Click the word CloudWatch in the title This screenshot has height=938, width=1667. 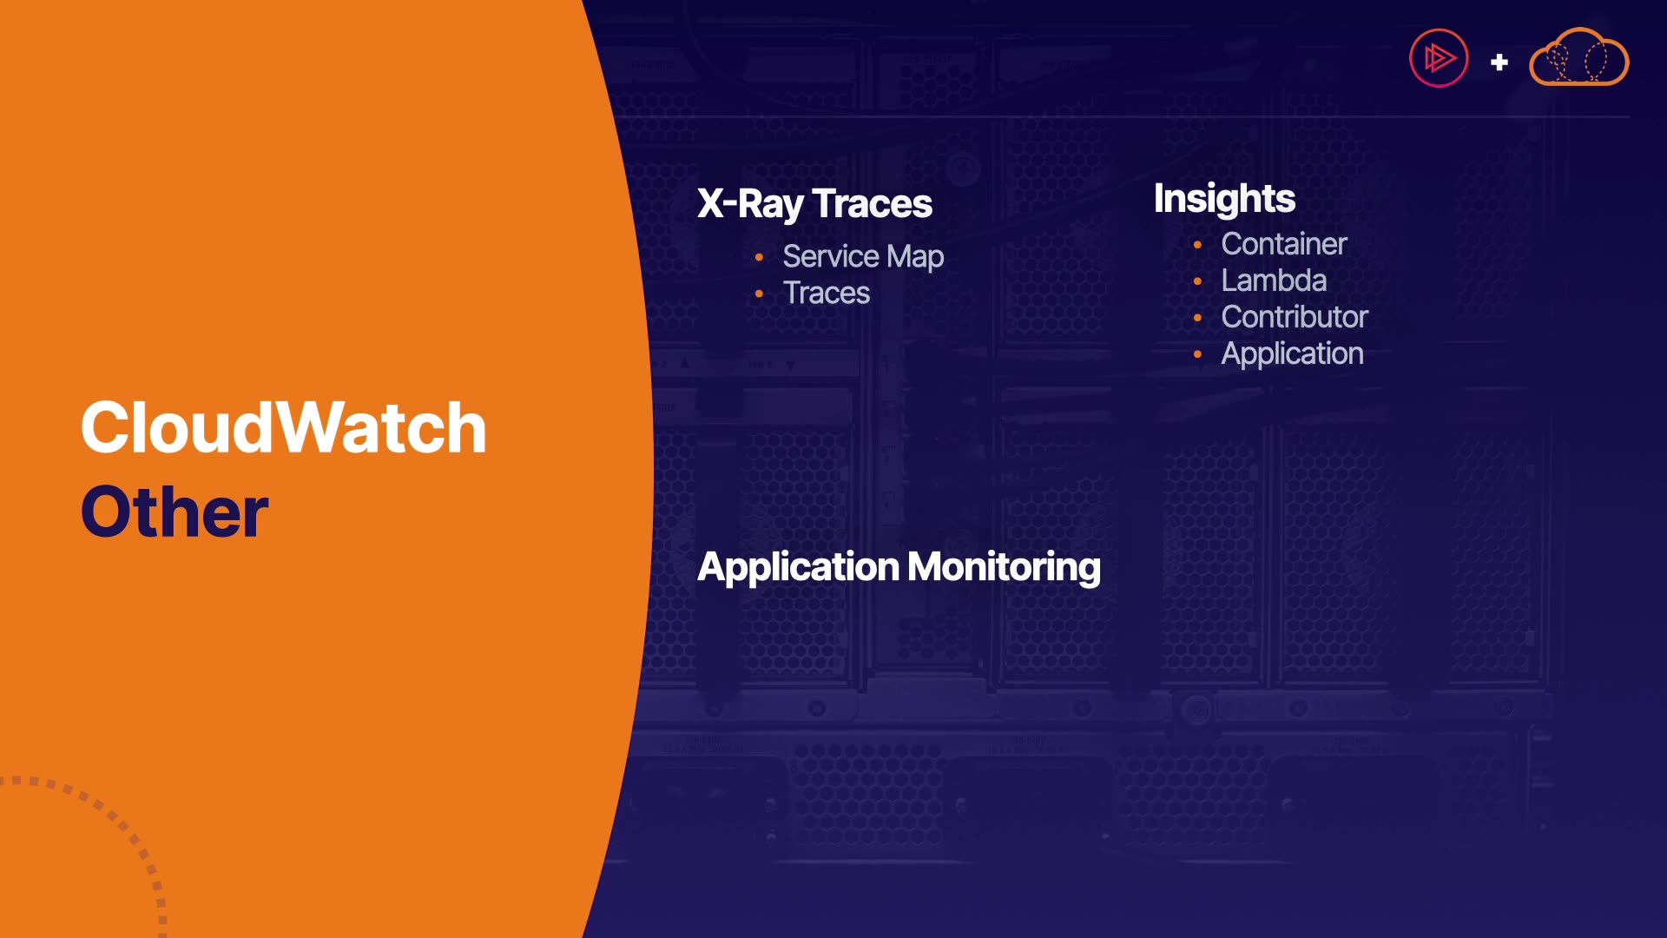(283, 427)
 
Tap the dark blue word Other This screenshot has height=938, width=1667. (175, 512)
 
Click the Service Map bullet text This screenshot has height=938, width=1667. (863, 257)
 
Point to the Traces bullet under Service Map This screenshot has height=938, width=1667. (826, 294)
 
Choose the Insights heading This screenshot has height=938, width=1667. (1224, 200)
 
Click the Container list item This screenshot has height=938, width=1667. (1284, 244)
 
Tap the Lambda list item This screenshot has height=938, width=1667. (1274, 281)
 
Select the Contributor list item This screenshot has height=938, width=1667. (1295, 317)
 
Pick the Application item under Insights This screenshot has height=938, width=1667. (1292, 354)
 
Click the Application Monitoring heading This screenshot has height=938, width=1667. (899, 568)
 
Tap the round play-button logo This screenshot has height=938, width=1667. (1439, 58)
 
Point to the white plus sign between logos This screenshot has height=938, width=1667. (1499, 63)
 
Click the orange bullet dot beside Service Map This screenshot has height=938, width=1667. (759, 257)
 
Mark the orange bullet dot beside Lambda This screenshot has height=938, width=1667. (1197, 281)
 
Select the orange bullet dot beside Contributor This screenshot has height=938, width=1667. (1197, 318)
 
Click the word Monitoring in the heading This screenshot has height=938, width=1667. (1004, 568)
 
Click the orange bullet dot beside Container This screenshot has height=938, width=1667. (1197, 245)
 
